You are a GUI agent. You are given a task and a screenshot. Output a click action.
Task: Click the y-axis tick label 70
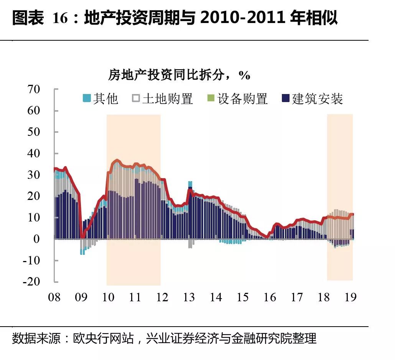point(34,90)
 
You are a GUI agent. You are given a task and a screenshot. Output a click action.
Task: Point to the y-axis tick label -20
point(31,281)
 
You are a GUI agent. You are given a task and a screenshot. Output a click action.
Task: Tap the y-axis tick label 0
point(37,239)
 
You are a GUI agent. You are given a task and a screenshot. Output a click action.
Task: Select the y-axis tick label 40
point(34,154)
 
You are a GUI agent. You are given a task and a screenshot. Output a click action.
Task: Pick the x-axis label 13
point(189,297)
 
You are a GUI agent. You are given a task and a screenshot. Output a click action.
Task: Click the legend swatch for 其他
point(87,99)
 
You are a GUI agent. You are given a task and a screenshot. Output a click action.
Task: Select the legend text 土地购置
point(168,99)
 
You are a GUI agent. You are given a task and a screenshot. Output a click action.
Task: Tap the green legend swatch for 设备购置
point(211,99)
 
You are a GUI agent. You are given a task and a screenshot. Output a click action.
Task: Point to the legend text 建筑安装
point(317,99)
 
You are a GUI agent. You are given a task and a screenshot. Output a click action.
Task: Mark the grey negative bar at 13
point(190,243)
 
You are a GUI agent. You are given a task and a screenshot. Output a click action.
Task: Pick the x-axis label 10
point(109,297)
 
